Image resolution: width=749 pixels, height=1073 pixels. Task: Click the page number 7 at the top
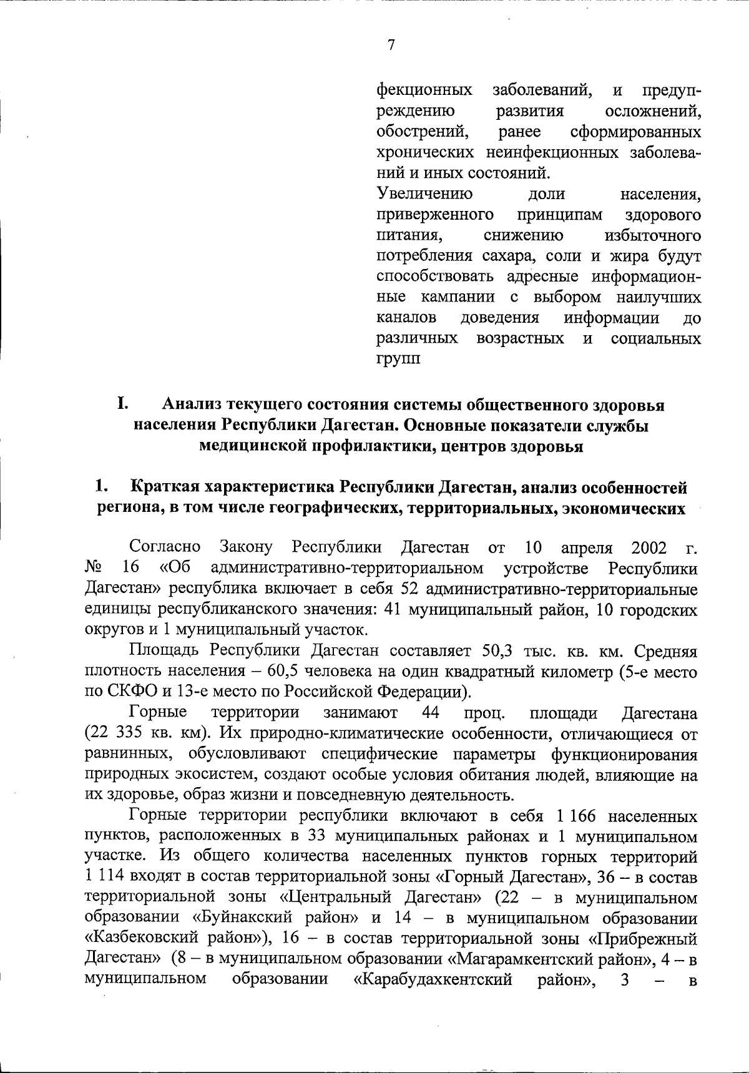click(391, 45)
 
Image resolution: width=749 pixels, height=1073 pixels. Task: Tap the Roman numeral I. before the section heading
click(122, 404)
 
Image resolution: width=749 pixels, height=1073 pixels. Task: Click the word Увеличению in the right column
click(424, 194)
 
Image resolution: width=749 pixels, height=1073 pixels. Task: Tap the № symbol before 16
click(93, 569)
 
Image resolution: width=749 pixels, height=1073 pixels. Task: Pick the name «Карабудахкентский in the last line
click(433, 980)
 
